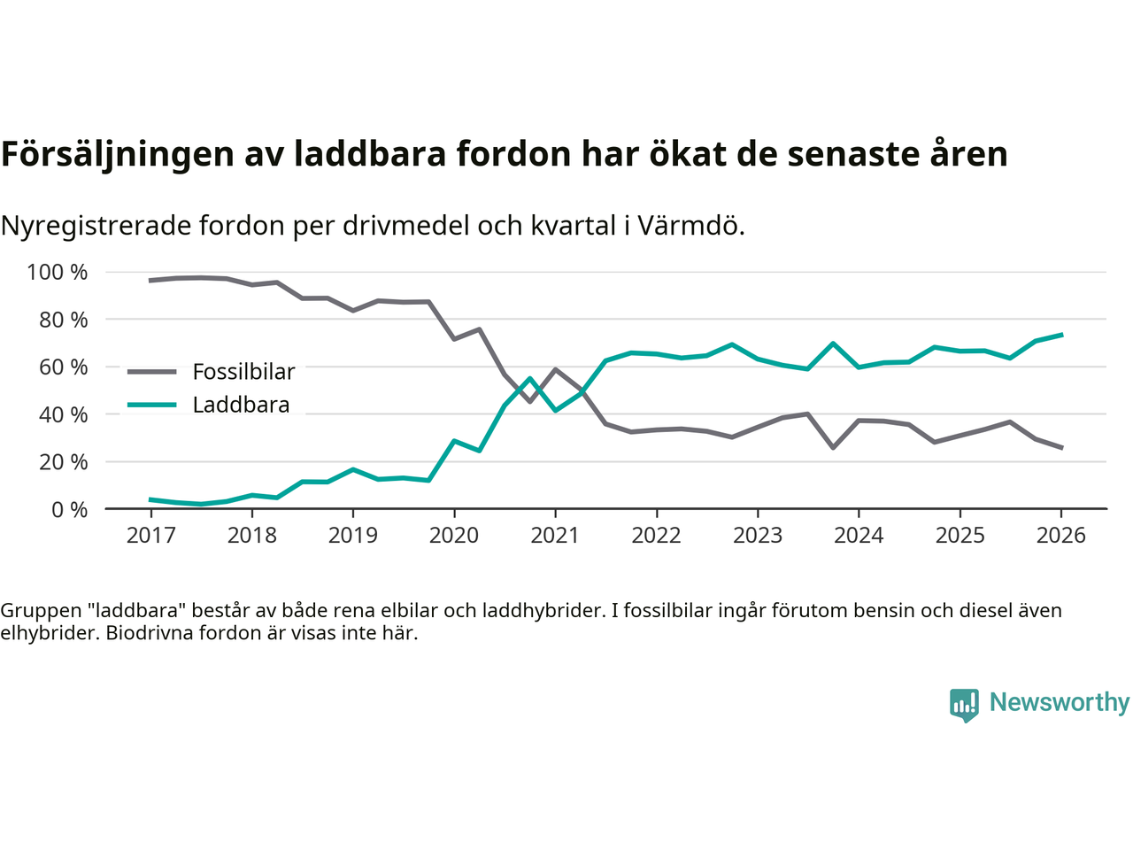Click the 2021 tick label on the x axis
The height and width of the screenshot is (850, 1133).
555,536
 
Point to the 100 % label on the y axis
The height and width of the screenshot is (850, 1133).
58,273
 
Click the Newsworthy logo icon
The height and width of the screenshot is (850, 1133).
964,705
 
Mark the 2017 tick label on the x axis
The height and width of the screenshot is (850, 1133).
150,536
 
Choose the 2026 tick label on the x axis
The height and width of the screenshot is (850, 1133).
1060,536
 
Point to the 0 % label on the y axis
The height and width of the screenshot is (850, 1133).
69,510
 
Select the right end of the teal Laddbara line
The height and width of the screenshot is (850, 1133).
1061,335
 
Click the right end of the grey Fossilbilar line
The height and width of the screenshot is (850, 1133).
1061,448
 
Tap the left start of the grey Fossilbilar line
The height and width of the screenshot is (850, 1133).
150,281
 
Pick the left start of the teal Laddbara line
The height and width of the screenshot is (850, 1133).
150,499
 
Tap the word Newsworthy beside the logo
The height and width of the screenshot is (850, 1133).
1059,702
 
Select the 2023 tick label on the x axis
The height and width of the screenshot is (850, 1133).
758,536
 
